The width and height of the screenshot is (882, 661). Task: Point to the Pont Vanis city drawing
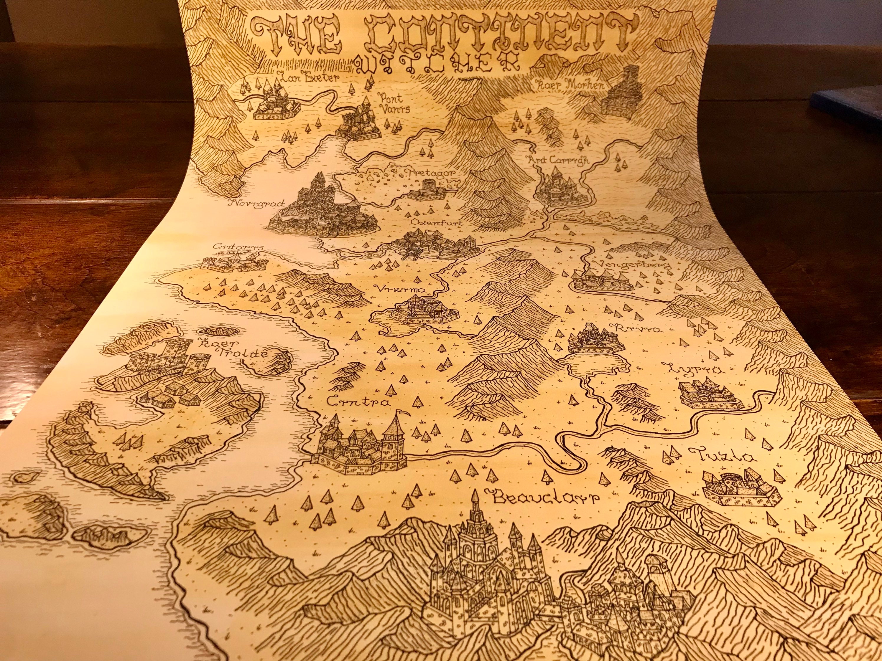click(x=359, y=123)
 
